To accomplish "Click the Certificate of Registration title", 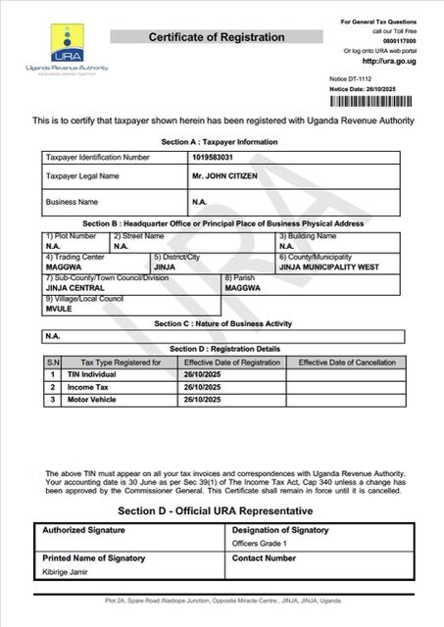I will [217, 37].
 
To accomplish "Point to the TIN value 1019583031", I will [213, 157].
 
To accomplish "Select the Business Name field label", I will [74, 203].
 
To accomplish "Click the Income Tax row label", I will [88, 387].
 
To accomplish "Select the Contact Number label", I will [264, 557].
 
